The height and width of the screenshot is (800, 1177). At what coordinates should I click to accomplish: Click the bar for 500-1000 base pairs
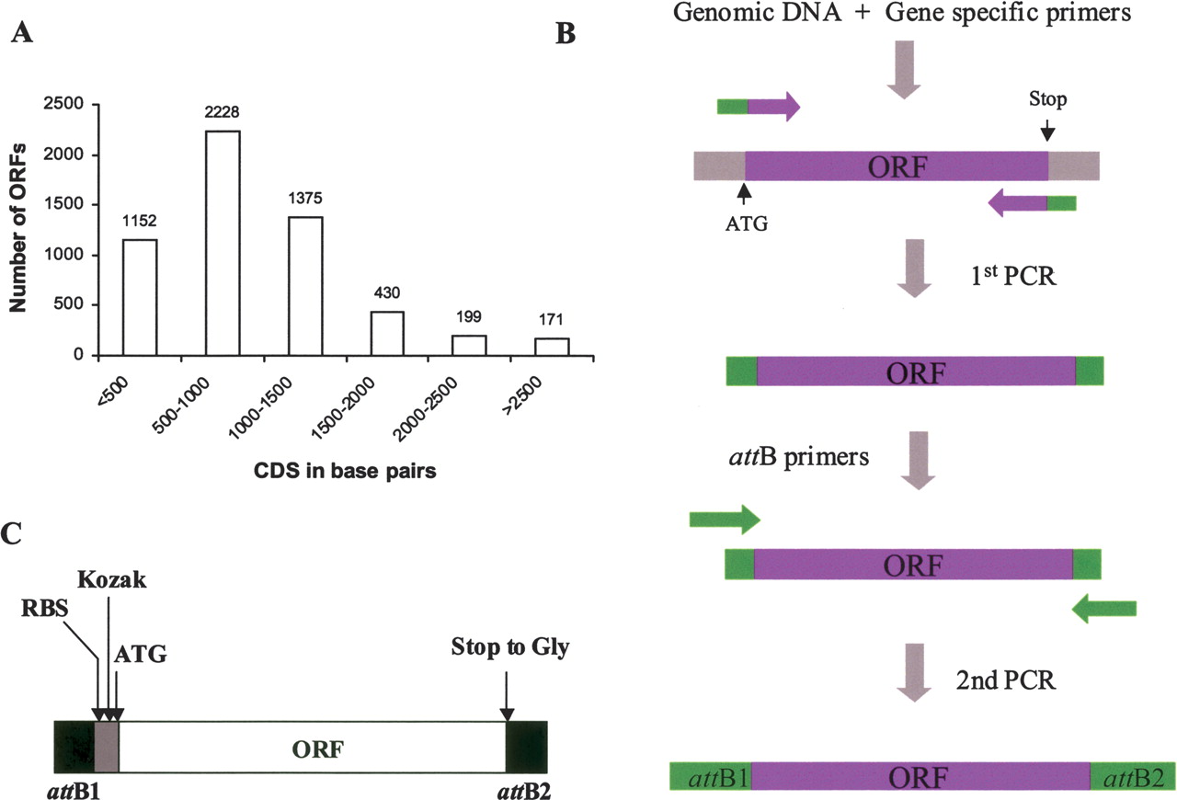[x=223, y=243]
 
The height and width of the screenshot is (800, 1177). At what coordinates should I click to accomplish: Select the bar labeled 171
[x=553, y=346]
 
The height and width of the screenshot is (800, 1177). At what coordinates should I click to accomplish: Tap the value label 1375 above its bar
[x=304, y=199]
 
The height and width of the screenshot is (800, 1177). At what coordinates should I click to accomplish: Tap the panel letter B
[x=566, y=34]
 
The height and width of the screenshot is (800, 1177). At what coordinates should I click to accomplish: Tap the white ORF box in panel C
[x=313, y=747]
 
